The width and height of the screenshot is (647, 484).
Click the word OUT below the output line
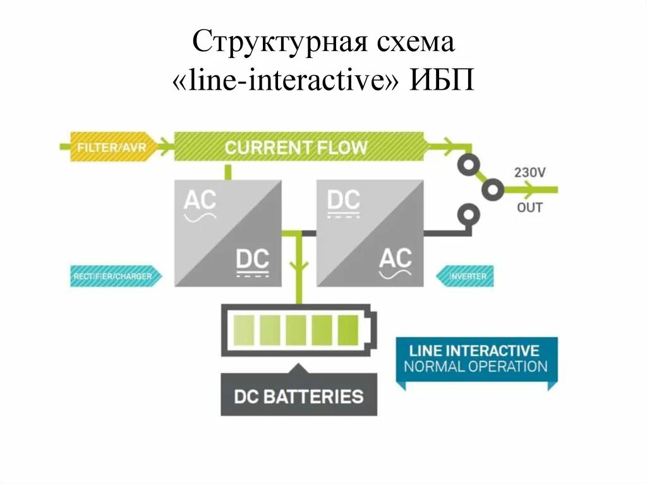click(529, 207)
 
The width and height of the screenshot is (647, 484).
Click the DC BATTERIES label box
click(299, 396)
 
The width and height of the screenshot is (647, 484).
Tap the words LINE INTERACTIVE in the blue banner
click(475, 350)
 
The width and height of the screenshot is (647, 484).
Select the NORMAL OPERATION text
click(475, 366)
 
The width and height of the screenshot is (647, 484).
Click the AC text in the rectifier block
click(200, 201)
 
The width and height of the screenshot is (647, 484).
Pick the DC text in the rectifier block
click(252, 259)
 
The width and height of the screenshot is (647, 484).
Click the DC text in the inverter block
click(344, 201)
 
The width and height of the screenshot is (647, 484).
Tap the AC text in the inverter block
click(396, 258)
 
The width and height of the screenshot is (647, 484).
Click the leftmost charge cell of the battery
click(243, 329)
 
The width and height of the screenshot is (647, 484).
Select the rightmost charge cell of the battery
click(348, 329)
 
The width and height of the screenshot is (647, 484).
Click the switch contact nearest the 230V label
click(492, 189)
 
